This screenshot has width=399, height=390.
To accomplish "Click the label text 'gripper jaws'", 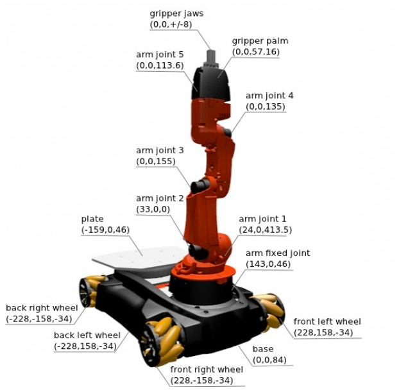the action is pos(176,13).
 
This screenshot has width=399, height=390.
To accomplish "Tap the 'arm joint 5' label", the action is pos(160,55).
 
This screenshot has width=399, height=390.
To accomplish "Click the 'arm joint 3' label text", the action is pos(160,150).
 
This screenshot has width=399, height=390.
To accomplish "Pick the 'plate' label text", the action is pos(92,219).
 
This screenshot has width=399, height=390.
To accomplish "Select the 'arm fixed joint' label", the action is pos(278,253).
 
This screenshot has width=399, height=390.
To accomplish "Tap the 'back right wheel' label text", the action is pos(42,308).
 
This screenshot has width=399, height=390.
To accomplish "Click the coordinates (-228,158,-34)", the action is pos(85,346).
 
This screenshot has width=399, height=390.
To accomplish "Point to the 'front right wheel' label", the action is pos(207,369).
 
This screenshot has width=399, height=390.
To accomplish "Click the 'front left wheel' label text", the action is pos(327,321).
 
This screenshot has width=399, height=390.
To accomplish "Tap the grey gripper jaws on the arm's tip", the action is pos(211,58).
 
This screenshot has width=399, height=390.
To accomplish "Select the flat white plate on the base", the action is pos(137,257).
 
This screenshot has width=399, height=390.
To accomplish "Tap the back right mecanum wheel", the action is pos(92,291).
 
